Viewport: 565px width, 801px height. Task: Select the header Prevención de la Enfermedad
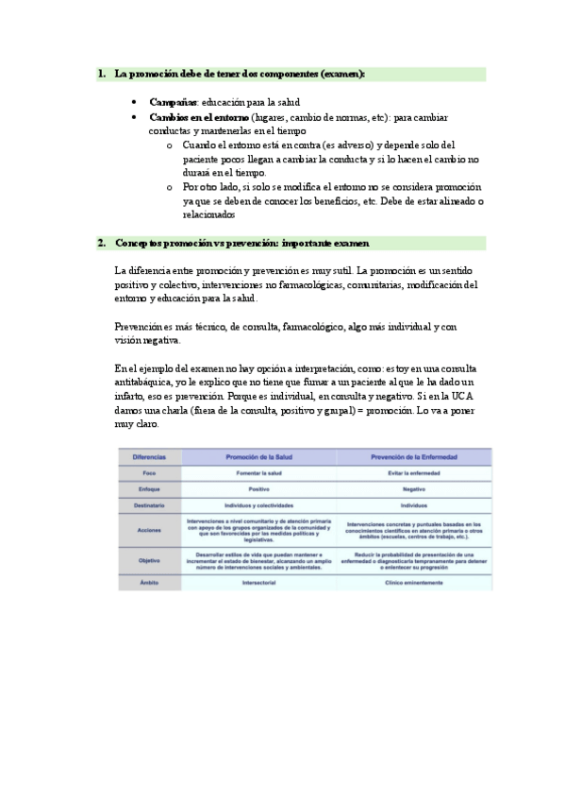click(414, 457)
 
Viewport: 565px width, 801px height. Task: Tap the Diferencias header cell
click(149, 457)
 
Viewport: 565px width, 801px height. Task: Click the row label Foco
click(149, 473)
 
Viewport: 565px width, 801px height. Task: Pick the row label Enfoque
click(149, 490)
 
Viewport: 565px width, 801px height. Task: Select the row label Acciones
click(149, 530)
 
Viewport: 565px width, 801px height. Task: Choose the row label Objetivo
click(149, 559)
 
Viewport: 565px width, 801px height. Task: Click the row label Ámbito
click(149, 584)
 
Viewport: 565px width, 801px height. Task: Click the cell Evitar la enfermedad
click(414, 473)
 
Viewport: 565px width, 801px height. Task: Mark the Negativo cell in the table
click(414, 490)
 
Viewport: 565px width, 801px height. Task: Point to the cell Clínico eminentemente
click(414, 584)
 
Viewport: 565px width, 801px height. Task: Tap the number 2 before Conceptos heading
click(101, 244)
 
